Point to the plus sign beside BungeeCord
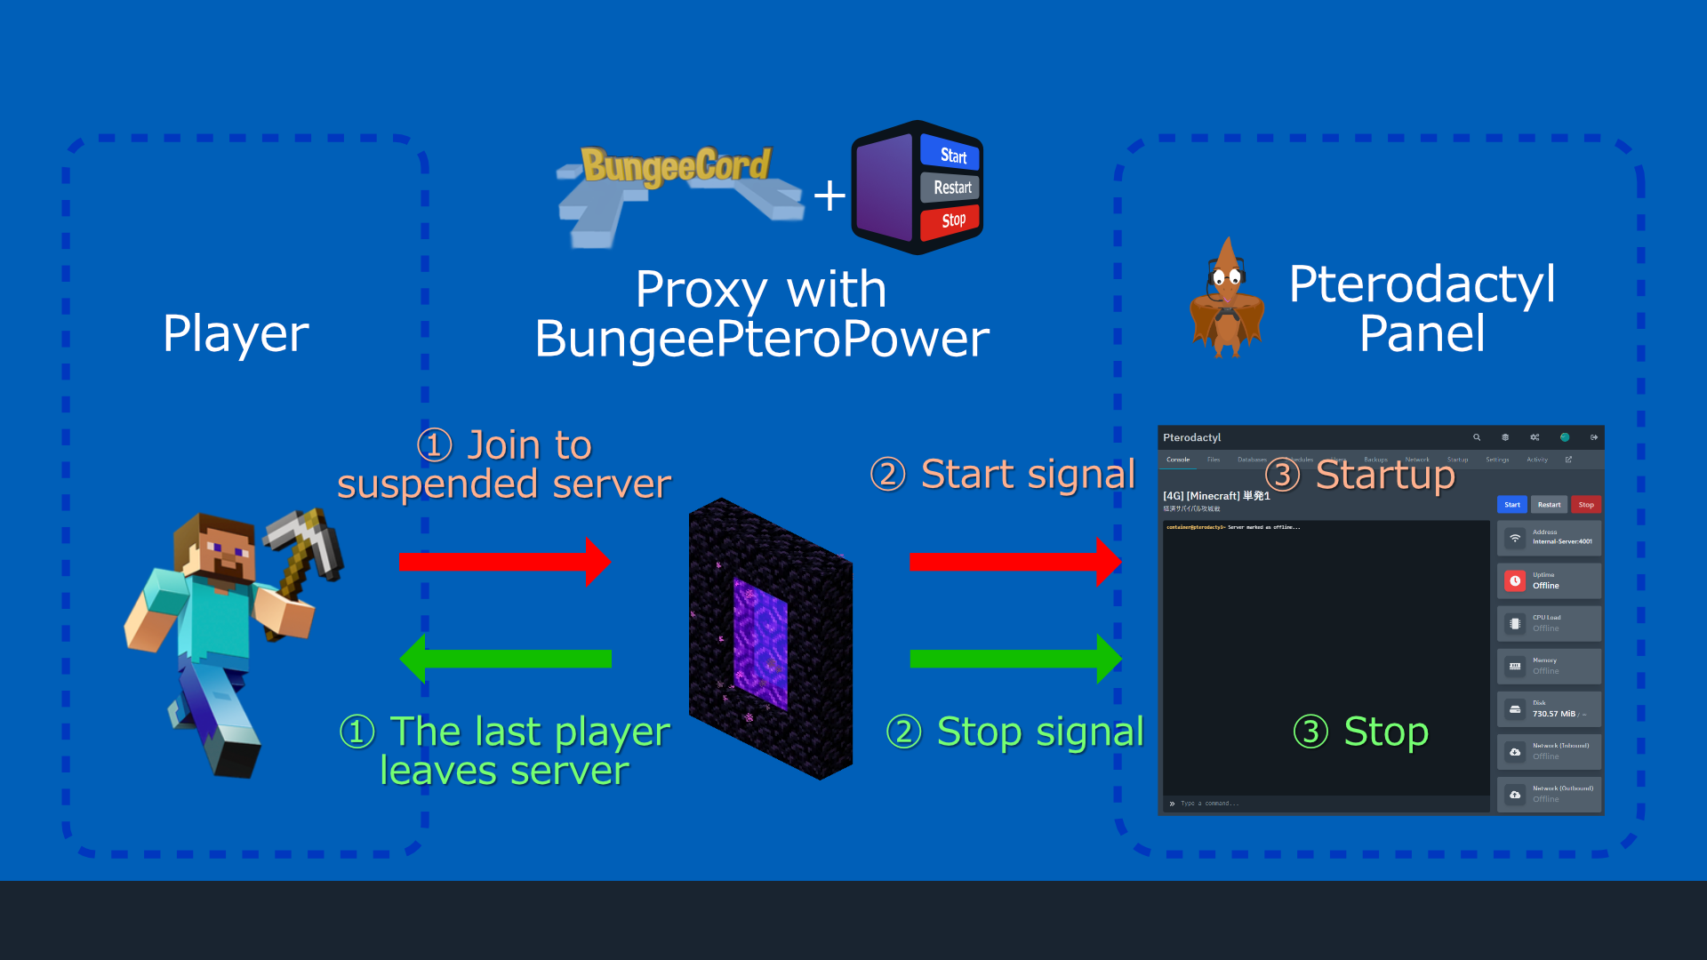[829, 196]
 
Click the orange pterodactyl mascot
[1227, 299]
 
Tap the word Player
[236, 334]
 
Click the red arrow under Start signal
[1014, 561]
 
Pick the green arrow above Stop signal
[1014, 659]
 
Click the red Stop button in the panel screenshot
[1586, 505]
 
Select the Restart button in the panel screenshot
[1549, 505]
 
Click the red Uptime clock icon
[1515, 580]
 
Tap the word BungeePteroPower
[762, 339]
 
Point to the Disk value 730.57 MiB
[1553, 714]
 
